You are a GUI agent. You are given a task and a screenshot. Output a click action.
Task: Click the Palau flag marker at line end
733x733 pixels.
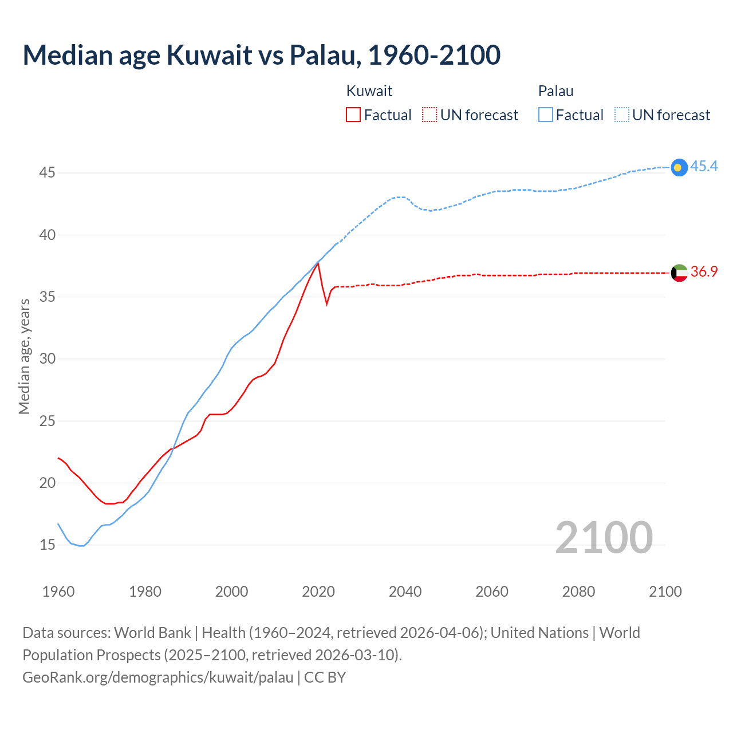pos(679,167)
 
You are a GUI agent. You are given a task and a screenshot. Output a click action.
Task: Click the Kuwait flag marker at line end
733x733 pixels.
pos(679,273)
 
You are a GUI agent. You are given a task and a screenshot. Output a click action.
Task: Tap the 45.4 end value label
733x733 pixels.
pos(704,166)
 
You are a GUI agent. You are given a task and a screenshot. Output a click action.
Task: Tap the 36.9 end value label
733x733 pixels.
pos(704,272)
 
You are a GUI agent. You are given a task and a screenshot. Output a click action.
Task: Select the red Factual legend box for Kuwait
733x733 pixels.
pos(353,115)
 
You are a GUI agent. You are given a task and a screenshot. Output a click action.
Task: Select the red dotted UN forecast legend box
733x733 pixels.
pos(429,115)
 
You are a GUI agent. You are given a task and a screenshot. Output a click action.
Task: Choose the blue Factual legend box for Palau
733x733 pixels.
pos(546,115)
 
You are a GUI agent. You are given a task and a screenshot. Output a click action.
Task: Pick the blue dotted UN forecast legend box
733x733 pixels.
pos(621,115)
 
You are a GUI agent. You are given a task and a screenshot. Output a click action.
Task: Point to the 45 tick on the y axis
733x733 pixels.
pos(47,172)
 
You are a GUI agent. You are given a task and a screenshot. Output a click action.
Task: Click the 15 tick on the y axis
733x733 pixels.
pos(47,545)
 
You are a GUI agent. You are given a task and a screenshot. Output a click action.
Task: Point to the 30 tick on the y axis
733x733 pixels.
pos(47,358)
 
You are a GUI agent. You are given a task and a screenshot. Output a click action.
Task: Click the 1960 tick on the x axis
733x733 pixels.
pos(58,592)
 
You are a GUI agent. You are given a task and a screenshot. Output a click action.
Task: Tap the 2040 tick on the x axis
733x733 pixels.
pos(405,592)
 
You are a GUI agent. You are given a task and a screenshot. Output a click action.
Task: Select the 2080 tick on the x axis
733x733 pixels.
pos(578,592)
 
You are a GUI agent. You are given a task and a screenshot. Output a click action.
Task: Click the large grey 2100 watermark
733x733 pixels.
pos(604,537)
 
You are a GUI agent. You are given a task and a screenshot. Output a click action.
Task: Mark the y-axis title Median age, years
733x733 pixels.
pos(24,356)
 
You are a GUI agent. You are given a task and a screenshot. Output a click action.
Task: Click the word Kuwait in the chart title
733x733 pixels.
pos(209,55)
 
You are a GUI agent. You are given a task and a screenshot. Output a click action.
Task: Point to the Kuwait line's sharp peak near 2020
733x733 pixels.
pos(318,263)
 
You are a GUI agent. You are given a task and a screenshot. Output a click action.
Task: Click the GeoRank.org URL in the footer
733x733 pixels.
pos(157,677)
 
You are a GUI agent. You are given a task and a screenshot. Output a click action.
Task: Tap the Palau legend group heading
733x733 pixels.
pos(555,91)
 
